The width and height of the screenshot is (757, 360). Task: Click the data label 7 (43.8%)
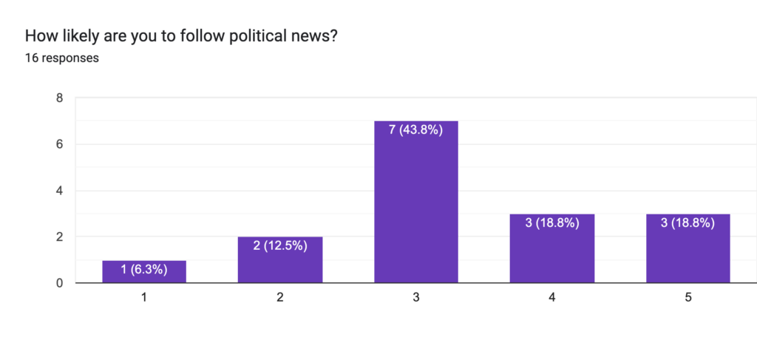click(x=416, y=130)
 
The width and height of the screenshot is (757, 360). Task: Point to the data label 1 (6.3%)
click(x=144, y=270)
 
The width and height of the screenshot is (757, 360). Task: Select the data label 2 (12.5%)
click(x=280, y=246)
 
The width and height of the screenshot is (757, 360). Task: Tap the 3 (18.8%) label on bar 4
click(x=552, y=223)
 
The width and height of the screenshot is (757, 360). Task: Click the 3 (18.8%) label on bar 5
click(x=688, y=223)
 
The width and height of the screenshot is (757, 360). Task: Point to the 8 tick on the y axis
click(x=59, y=98)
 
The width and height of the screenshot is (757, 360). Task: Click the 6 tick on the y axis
click(x=59, y=144)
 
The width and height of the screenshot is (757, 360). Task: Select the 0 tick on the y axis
click(x=59, y=283)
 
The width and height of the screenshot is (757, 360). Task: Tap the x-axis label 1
click(x=144, y=297)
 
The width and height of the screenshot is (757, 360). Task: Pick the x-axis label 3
click(x=416, y=297)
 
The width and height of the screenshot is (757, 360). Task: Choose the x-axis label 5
click(x=688, y=297)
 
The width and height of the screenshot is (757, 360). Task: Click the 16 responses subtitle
click(x=62, y=58)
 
